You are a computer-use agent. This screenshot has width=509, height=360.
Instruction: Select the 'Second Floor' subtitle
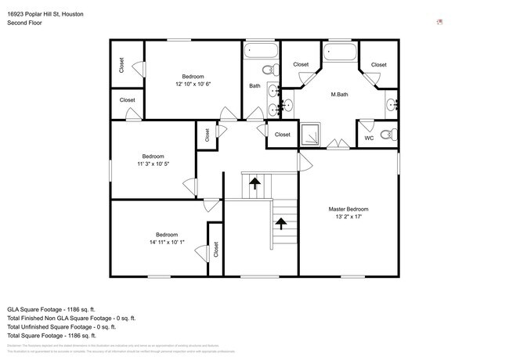[x=24, y=23]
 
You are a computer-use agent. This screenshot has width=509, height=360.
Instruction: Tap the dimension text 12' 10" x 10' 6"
[x=193, y=84]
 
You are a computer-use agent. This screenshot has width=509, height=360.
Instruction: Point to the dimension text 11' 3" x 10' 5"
[x=153, y=164]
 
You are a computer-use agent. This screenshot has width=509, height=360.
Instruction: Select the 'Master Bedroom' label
[x=348, y=209]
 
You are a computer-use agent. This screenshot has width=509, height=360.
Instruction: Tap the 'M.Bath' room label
[x=339, y=95]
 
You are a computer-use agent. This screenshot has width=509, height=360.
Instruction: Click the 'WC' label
[x=369, y=139]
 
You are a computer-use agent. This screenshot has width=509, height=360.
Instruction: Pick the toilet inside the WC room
[x=386, y=135]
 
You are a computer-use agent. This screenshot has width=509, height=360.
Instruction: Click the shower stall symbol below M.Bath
[x=311, y=135]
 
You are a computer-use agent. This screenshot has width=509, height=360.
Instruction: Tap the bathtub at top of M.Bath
[x=339, y=54]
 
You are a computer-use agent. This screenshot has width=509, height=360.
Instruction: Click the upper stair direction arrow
[x=255, y=185]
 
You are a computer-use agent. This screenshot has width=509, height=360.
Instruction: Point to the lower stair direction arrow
[x=280, y=224]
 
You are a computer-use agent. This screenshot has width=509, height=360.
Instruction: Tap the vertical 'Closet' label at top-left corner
[x=121, y=65]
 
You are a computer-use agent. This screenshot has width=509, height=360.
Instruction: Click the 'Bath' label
[x=254, y=86]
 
